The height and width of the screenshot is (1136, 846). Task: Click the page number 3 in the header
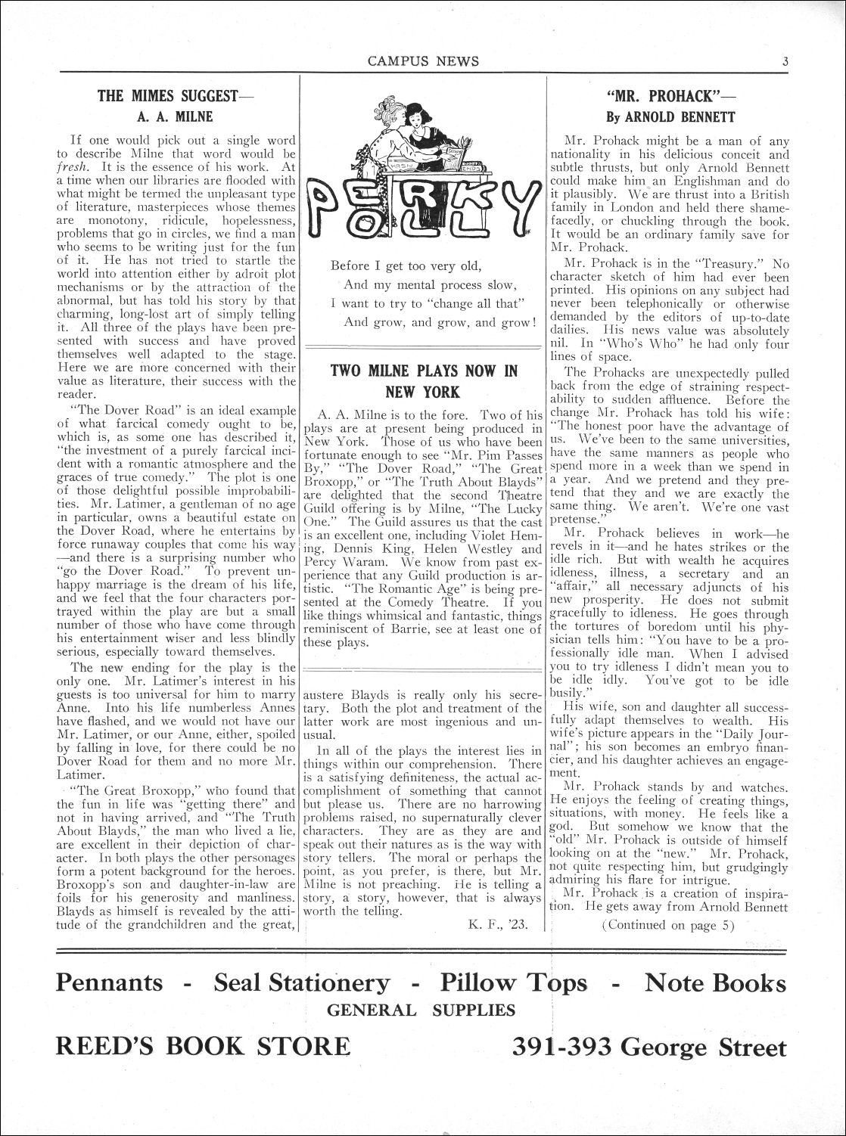[786, 62]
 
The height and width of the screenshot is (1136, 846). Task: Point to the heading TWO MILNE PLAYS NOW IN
[424, 371]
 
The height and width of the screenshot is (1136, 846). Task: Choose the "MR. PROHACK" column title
[670, 96]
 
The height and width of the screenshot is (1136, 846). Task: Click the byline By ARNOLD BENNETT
[670, 117]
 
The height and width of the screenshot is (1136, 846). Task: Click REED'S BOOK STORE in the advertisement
[204, 1047]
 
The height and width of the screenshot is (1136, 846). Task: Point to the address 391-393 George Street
[649, 1048]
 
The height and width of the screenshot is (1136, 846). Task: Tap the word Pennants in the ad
[110, 982]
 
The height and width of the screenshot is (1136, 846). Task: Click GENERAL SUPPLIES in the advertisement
[421, 1010]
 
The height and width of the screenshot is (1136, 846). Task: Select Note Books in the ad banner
[715, 982]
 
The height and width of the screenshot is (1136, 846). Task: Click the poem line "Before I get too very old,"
[406, 266]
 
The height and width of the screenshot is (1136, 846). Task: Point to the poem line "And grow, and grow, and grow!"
[440, 322]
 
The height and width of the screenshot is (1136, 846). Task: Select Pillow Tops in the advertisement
[514, 982]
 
